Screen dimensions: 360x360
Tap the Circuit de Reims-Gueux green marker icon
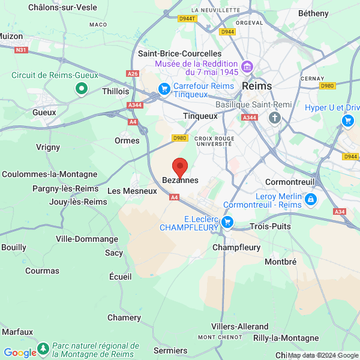coord(82,89)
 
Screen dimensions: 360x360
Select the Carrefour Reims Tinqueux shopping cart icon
coord(164,89)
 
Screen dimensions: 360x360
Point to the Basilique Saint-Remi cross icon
coord(275,117)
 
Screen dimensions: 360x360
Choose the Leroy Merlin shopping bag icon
coord(310,199)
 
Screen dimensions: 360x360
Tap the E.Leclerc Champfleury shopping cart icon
coord(227,223)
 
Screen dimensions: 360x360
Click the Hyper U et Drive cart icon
coord(347,121)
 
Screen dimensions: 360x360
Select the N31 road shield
coord(21,50)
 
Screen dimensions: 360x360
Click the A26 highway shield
coord(133,73)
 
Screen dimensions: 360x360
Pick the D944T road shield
coord(188,19)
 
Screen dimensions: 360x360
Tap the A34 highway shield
coord(340,212)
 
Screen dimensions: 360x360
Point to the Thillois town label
coord(116,91)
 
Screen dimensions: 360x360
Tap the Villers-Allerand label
coord(239,326)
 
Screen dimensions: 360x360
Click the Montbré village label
coord(281,262)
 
